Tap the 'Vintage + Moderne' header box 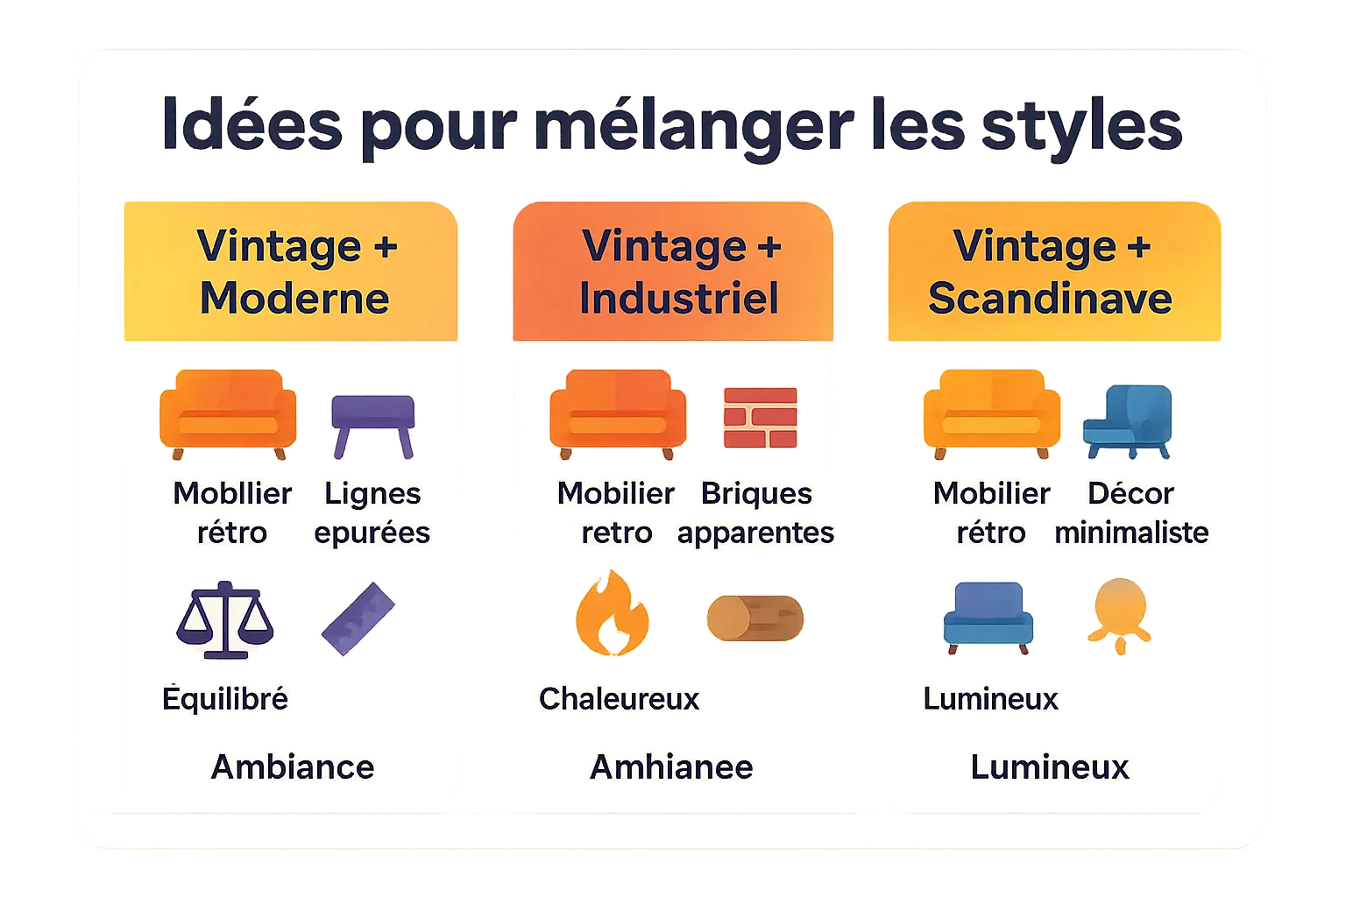point(292,272)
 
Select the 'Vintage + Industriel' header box point(673,272)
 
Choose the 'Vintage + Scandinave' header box point(1053,272)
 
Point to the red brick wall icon point(760,417)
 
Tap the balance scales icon point(225,620)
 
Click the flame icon point(612,614)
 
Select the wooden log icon point(754,618)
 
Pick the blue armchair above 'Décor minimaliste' point(1128,421)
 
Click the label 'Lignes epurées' point(372,513)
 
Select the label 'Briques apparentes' point(756,513)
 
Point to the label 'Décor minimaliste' point(1131,513)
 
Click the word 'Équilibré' point(225,699)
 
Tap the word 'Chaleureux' point(620,699)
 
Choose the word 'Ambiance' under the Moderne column point(293,767)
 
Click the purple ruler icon point(358,618)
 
